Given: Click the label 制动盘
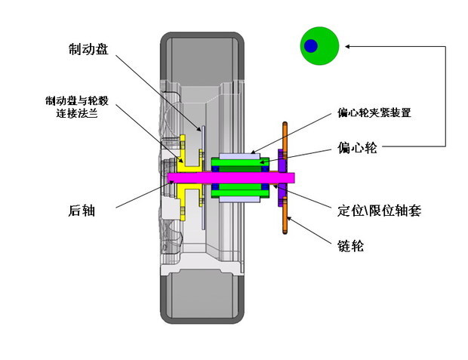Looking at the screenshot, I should pyautogui.click(x=88, y=49).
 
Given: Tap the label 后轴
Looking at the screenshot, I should pyautogui.click(x=81, y=211).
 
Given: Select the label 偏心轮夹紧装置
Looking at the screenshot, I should pyautogui.click(x=374, y=113).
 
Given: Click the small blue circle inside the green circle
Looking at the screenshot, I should pyautogui.click(x=311, y=47).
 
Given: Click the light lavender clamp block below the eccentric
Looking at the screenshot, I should pyautogui.click(x=240, y=202).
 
